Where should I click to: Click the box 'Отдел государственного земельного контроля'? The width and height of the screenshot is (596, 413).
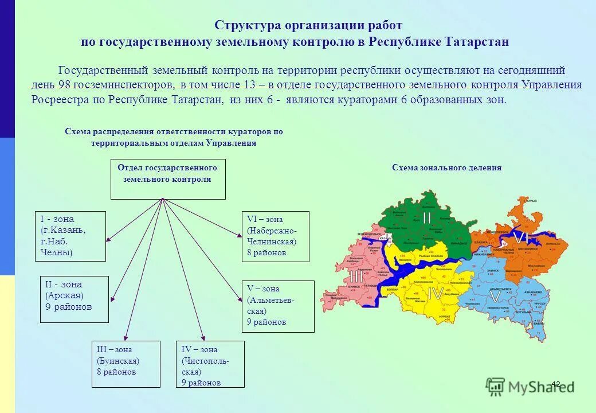tap(167, 179)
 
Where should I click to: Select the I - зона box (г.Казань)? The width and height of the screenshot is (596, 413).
tap(70, 236)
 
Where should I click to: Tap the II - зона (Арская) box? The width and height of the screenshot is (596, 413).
tap(74, 299)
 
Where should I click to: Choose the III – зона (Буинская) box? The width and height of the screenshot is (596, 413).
tap(126, 364)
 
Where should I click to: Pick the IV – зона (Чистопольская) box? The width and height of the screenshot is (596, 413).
tap(210, 364)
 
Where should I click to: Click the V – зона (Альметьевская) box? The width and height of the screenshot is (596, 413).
tap(278, 306)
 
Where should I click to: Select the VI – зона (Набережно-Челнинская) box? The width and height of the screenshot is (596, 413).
tap(275, 236)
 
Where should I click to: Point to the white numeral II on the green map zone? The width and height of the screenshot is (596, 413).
tap(427, 218)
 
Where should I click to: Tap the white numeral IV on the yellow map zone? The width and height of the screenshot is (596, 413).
tap(436, 294)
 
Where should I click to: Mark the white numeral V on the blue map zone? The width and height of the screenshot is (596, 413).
tap(494, 297)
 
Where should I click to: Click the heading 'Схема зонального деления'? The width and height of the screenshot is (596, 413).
tap(446, 168)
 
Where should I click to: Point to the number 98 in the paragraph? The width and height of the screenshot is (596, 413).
tap(64, 85)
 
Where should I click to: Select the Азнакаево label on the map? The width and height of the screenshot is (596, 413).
tap(534, 292)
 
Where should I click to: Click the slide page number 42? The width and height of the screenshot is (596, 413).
tap(556, 383)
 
